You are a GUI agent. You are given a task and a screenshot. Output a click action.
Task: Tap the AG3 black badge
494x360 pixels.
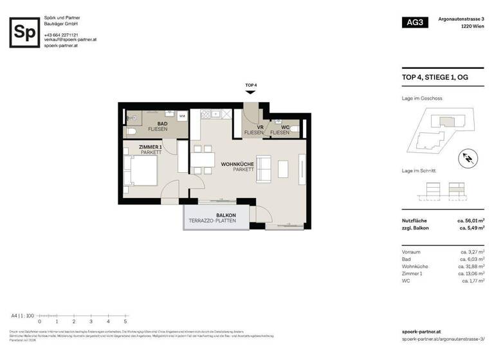pyautogui.click(x=415, y=22)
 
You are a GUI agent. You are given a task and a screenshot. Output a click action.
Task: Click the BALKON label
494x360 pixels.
pyautogui.click(x=226, y=215)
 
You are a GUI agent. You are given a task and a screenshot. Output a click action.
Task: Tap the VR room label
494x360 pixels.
pyautogui.click(x=261, y=127)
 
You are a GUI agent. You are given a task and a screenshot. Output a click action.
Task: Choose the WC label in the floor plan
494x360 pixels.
pyautogui.click(x=285, y=127)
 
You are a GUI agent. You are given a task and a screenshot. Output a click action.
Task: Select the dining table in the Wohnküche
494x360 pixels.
pyautogui.click(x=202, y=161)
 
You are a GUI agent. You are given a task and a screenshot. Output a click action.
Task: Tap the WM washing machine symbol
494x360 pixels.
pyautogui.click(x=182, y=116)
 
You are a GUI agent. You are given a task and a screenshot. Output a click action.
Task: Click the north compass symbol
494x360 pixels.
pyautogui.click(x=468, y=157)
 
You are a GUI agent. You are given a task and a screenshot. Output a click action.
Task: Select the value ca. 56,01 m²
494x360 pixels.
pyautogui.click(x=471, y=221)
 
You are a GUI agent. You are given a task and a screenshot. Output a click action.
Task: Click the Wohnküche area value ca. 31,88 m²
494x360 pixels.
pyautogui.click(x=471, y=265)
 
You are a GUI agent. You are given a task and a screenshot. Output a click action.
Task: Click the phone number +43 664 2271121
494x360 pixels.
pyautogui.click(x=61, y=35)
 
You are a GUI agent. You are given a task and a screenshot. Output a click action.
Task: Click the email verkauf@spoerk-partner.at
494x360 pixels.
pyautogui.click(x=70, y=40)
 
